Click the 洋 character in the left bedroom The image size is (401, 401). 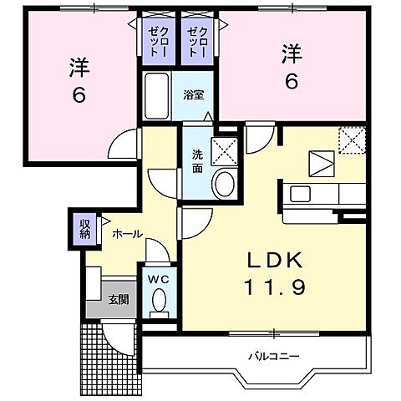click(x=78, y=67)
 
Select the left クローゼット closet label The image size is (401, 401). click(x=158, y=39)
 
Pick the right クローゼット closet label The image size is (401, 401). click(x=200, y=39)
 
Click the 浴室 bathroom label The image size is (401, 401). click(x=194, y=94)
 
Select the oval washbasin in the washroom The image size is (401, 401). click(x=223, y=184)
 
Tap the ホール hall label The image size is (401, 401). click(x=126, y=235)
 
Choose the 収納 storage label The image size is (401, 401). click(x=85, y=229)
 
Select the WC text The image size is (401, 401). click(x=159, y=280)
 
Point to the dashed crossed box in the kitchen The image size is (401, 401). click(x=353, y=139)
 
